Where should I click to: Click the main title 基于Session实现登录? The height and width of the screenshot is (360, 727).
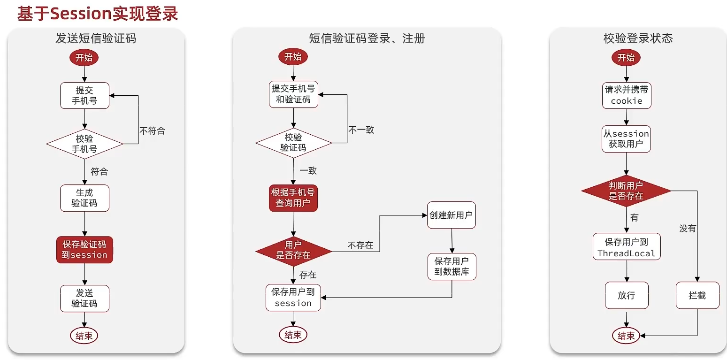coord(98,14)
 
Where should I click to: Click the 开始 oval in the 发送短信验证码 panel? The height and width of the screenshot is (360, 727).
coord(84,58)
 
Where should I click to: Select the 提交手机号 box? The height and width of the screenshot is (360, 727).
coord(84,95)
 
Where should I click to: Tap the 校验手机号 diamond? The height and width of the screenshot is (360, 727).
coord(84,144)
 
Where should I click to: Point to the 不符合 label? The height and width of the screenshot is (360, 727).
coord(152,130)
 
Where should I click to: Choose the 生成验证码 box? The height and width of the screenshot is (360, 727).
coord(84,198)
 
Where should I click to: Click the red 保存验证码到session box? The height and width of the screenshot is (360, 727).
coord(84,250)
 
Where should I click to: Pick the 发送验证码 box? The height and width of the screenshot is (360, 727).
coord(84,299)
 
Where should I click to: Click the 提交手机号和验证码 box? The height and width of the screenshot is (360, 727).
coord(293,94)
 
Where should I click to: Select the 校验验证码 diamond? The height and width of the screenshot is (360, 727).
coord(293,143)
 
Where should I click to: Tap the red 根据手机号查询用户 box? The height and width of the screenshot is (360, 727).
coord(293,198)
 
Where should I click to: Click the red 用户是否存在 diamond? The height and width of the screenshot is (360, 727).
coord(293,250)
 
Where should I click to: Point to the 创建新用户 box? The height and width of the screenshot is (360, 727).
coord(451,215)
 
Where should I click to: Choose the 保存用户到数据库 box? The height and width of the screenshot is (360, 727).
coord(452,267)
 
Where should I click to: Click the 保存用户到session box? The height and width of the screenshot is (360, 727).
coord(293,298)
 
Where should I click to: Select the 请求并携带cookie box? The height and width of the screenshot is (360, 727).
coord(627,95)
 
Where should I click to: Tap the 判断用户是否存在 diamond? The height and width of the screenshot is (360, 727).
coord(626,191)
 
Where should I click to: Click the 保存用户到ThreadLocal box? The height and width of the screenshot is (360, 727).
coord(627,247)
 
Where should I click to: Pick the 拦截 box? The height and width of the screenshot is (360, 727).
coord(697,295)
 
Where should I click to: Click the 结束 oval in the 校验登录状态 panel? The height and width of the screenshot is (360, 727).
coord(626,336)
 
